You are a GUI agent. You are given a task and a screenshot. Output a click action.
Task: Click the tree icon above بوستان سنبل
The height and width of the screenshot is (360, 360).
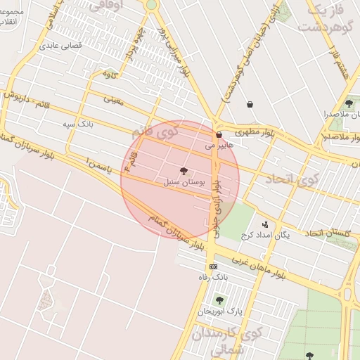pos(184,171)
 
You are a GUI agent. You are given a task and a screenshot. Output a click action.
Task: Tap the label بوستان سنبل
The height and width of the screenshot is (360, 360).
pos(184,181)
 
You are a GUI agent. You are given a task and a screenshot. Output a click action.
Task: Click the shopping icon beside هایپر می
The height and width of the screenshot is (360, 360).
pos(219,134)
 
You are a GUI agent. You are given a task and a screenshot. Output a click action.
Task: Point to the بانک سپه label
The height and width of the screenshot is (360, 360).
pos(77,124)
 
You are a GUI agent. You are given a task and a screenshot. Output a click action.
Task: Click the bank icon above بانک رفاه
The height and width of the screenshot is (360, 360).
pos(213,266)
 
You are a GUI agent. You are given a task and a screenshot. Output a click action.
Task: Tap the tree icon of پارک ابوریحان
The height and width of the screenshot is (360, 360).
pos(219,300)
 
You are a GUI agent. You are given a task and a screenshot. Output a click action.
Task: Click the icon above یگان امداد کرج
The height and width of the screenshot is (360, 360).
pos(264,224)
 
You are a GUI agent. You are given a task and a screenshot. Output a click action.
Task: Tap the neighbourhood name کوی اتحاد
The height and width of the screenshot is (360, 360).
pos(292,179)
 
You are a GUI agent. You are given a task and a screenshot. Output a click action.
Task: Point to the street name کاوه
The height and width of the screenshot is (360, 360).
pos(109,74)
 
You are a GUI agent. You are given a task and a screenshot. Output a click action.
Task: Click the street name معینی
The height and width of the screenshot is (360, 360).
pos(113,100)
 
